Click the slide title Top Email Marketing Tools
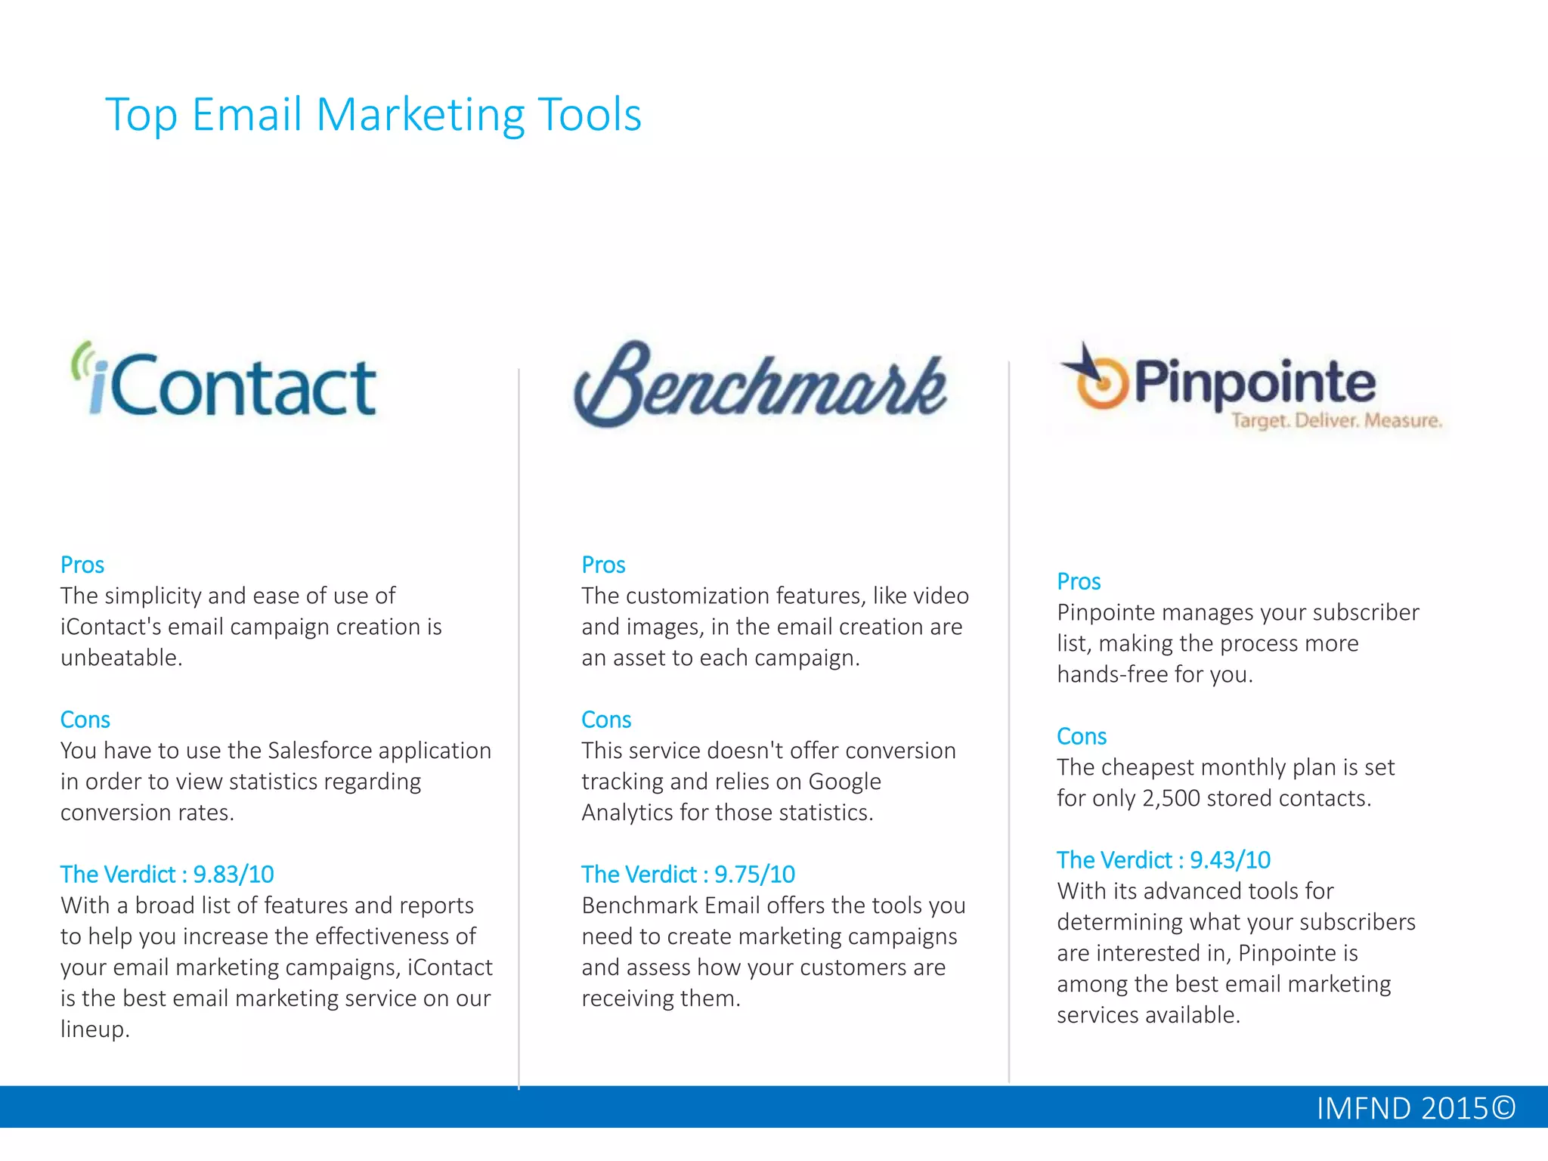point(373,115)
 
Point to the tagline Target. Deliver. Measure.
point(1336,420)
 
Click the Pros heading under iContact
point(82,565)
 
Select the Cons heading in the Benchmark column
point(606,720)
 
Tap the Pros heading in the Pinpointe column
point(1079,581)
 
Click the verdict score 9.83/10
point(234,875)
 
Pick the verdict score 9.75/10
point(754,875)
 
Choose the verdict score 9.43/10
point(1230,860)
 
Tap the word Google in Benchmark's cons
point(844,782)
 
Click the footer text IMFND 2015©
point(1416,1108)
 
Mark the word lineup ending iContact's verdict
point(94,1029)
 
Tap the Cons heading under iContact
point(85,720)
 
